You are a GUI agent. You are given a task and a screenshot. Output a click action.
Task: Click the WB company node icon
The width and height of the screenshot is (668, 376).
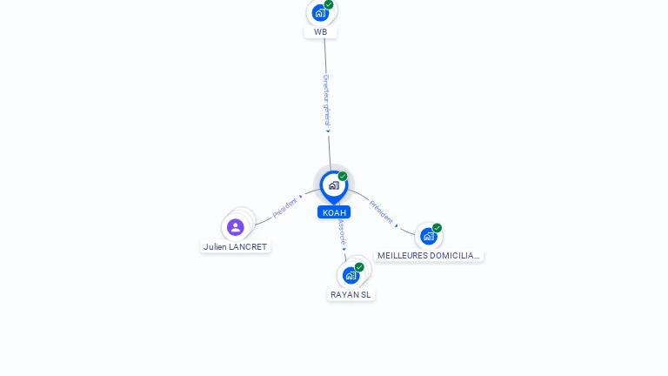point(320,13)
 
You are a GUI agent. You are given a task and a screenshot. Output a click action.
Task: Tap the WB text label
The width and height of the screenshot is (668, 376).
point(321,32)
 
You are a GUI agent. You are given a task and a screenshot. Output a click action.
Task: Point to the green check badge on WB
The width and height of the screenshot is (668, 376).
point(329,4)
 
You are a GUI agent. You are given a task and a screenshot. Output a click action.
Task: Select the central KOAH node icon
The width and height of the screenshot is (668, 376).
point(334,185)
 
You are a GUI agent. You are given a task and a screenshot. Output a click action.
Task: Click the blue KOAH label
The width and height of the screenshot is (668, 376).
point(334,212)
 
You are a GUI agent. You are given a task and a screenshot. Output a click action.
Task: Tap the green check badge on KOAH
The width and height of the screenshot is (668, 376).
point(343,176)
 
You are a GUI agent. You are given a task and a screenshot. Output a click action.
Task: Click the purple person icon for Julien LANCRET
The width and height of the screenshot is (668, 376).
point(235,227)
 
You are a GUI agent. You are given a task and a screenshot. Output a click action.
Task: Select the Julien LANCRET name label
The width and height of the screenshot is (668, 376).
point(236,246)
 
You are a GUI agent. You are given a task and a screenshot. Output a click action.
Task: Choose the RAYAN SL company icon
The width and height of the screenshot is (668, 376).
point(351,275)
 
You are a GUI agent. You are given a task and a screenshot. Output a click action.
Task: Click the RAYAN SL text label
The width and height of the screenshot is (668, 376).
point(351,294)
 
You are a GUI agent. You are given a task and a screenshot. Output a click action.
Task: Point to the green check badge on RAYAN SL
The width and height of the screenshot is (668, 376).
point(359,267)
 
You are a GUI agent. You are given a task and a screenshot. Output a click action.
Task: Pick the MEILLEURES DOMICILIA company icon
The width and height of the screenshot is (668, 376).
point(428,236)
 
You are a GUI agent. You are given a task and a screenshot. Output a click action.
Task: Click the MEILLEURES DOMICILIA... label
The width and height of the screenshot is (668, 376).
point(429,256)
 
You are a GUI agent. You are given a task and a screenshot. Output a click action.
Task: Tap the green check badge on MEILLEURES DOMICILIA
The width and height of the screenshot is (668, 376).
point(437,228)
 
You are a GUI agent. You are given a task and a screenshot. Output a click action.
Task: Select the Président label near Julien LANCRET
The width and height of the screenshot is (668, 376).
point(284,207)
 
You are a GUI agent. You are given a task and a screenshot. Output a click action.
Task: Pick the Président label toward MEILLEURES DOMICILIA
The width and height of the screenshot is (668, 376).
point(381,211)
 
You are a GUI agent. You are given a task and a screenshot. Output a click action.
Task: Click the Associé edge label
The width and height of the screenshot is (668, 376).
point(342,230)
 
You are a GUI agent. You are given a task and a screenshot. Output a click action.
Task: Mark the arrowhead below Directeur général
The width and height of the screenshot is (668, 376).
point(328,131)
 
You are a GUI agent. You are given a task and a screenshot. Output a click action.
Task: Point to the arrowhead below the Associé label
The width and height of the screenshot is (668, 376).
point(344,249)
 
